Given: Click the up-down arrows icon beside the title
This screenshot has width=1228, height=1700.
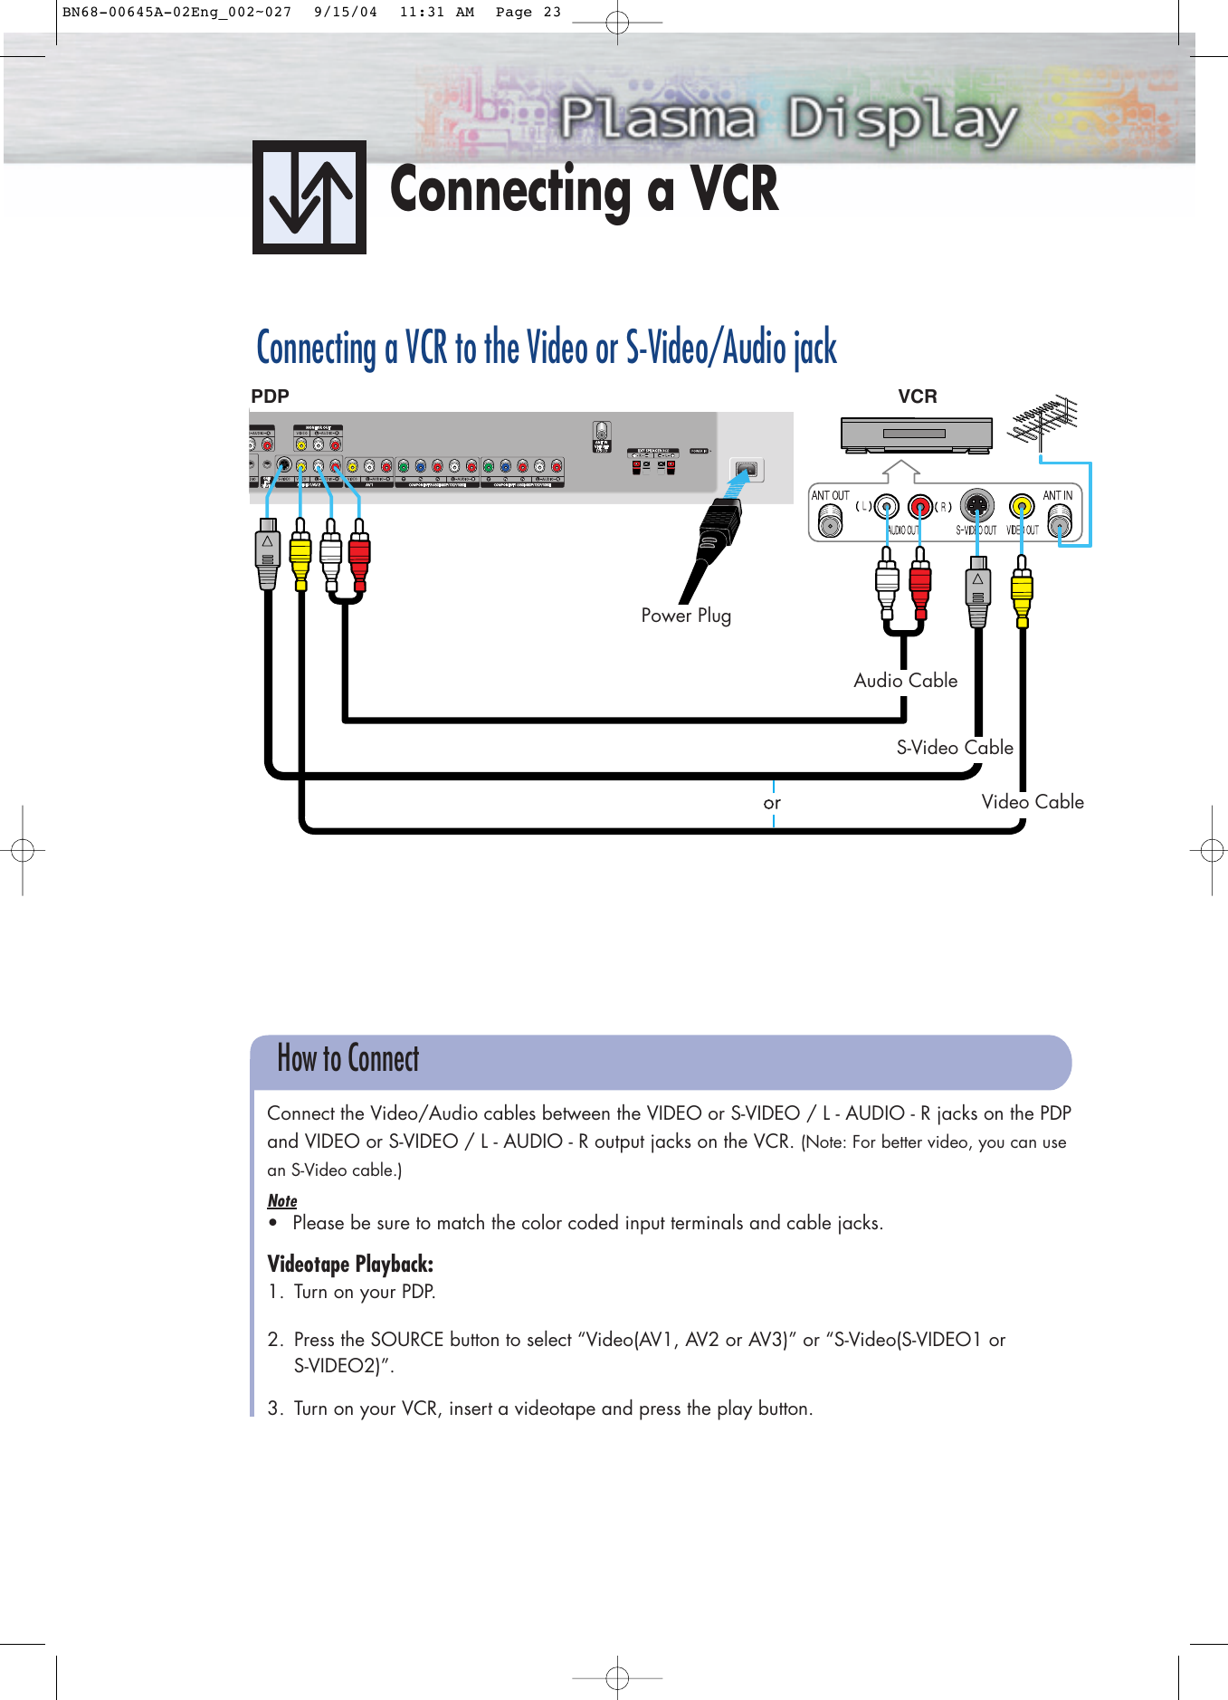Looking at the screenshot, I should [309, 197].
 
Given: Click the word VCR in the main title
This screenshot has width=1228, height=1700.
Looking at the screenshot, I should [734, 190].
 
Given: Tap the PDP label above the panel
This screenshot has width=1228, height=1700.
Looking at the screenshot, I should [270, 396].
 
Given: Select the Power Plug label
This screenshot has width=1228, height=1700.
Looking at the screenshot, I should [685, 616].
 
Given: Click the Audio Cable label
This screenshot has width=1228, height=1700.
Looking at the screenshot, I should [905, 681].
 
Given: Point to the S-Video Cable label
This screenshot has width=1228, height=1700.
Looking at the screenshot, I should [954, 748].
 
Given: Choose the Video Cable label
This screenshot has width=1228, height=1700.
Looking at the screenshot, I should [1032, 802].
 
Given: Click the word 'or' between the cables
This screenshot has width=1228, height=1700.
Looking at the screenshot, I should [772, 803].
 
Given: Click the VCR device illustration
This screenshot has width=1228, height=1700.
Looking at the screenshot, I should [916, 435].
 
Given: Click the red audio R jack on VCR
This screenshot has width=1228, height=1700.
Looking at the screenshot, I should [920, 506].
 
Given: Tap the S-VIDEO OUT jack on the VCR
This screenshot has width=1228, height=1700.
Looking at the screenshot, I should [976, 505].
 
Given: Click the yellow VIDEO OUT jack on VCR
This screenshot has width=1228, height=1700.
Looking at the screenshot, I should [1022, 506].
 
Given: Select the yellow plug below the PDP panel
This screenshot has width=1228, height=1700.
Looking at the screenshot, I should [300, 554].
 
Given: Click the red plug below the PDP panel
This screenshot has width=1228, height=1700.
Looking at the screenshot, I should [359, 554].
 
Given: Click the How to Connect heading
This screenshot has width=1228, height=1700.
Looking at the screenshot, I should [348, 1059].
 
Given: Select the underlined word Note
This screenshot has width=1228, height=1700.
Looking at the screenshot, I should [282, 1201].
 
